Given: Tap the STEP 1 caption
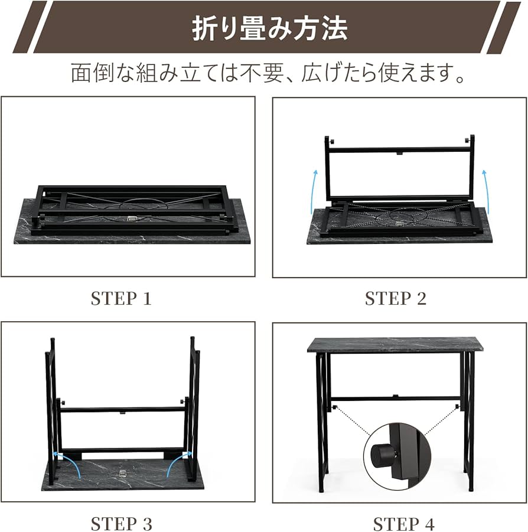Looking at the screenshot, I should tap(121, 299).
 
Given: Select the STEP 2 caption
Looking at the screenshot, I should tap(395, 299).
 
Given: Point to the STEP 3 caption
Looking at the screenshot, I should tap(121, 523).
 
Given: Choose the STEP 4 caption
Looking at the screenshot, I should tap(403, 523).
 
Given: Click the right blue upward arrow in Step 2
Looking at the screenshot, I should tap(485, 191).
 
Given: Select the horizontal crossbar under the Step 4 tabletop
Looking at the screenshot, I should tap(394, 398).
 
